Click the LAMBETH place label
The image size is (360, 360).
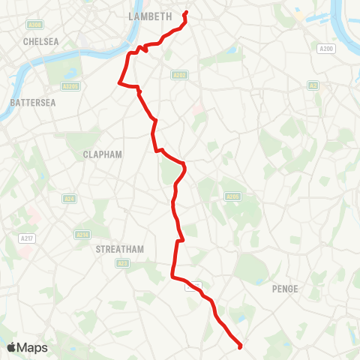[150, 15]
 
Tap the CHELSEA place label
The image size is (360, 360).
[41, 42]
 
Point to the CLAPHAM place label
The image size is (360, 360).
[101, 153]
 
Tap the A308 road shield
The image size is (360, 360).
[34, 25]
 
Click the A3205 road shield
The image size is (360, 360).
[70, 86]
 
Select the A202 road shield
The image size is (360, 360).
[178, 75]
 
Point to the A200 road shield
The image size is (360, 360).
[325, 49]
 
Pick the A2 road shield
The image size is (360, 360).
[313, 85]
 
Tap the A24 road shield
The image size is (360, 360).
[69, 199]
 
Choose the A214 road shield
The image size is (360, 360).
[82, 235]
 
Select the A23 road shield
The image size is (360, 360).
[123, 263]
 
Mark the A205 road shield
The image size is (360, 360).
[232, 196]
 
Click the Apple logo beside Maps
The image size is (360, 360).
[12, 347]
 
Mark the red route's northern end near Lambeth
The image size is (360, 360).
[185, 13]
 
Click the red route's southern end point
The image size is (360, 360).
[240, 346]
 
